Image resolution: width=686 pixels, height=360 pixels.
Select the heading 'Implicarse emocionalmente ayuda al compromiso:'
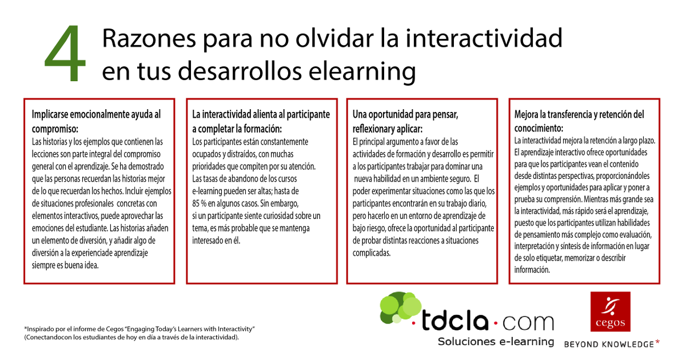coord(96,119)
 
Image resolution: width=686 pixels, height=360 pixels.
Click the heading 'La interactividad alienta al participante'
coord(261,114)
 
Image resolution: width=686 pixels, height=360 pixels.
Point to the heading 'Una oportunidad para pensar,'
coord(405,114)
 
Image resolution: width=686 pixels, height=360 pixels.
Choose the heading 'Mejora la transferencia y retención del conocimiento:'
coord(579,119)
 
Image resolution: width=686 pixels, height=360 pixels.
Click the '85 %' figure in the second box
coord(202,203)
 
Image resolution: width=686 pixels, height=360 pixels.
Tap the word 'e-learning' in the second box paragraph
coord(211,190)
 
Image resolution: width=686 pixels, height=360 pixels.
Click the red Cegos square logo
coord(611,311)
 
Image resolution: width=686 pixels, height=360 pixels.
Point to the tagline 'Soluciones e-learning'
coord(496,342)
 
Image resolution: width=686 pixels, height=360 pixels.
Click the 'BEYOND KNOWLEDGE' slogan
coord(609,344)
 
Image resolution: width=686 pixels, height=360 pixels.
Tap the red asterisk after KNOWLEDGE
coord(657,343)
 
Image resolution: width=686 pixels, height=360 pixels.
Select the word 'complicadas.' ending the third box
coord(372,252)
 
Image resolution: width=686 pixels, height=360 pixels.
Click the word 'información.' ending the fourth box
coord(532,270)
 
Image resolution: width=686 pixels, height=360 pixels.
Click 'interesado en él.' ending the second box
coord(217,240)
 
